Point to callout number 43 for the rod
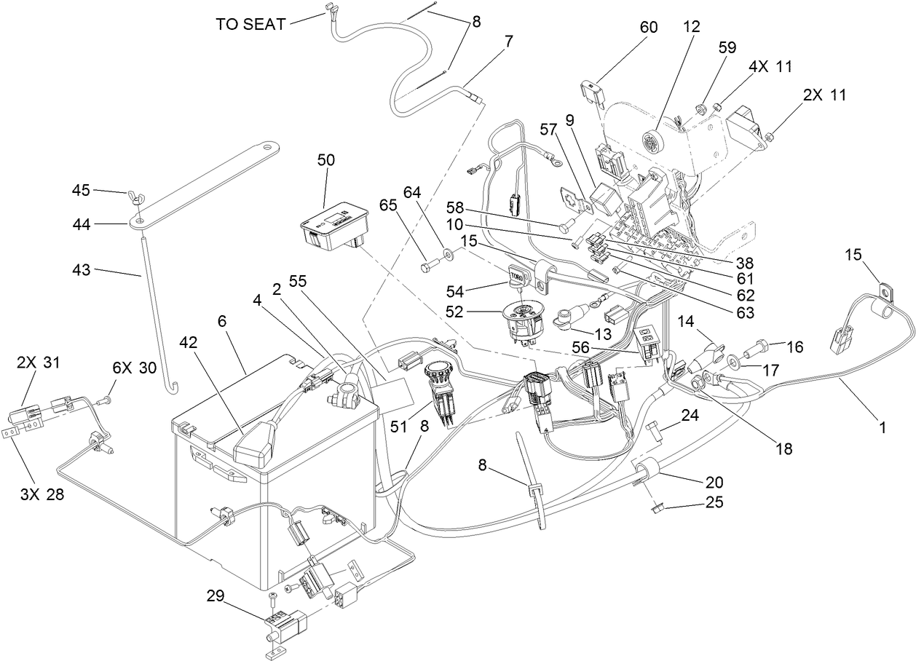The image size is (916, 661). pyautogui.click(x=82, y=270)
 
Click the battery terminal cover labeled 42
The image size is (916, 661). pyautogui.click(x=256, y=448)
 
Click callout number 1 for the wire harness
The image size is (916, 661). pyautogui.click(x=883, y=428)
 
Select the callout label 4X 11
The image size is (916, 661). pyautogui.click(x=770, y=66)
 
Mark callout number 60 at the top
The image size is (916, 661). pyautogui.click(x=648, y=28)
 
